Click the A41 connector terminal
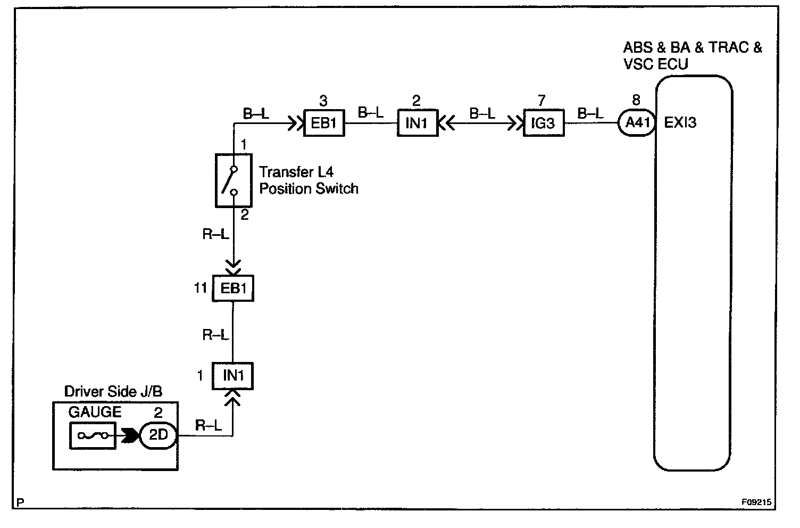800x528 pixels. tap(636, 123)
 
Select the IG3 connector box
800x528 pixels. tap(544, 123)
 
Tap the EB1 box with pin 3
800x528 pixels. tap(324, 123)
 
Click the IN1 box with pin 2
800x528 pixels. tap(418, 123)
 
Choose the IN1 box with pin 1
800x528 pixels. tap(233, 376)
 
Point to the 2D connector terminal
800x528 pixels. tap(158, 435)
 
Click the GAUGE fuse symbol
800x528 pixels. tap(92, 436)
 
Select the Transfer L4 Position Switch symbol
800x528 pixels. tap(233, 180)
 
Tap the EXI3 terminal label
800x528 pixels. tap(680, 123)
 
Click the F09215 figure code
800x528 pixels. tap(757, 501)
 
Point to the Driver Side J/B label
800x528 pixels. tap(113, 392)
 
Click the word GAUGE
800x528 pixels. tap(95, 412)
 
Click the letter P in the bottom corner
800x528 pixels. tap(21, 502)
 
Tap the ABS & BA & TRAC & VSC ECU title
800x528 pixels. tap(692, 55)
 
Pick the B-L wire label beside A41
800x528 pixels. tap(590, 113)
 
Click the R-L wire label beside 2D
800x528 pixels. tap(209, 425)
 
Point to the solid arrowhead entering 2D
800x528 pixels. tap(129, 435)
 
